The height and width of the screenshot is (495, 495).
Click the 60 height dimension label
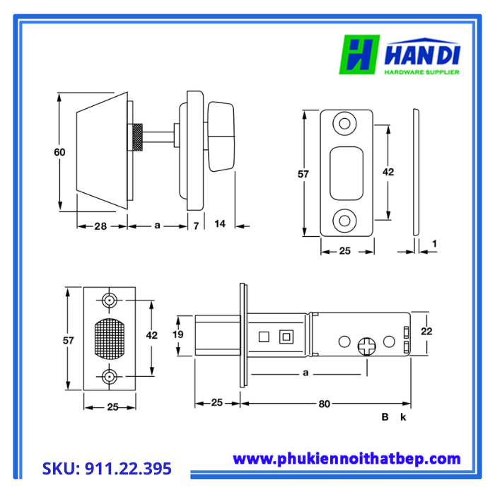(x=59, y=152)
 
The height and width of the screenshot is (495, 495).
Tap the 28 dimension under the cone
(x=100, y=226)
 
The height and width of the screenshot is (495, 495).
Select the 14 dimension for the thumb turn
(x=220, y=224)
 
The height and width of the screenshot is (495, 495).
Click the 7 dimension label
(x=196, y=226)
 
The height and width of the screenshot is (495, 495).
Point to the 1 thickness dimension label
(x=434, y=243)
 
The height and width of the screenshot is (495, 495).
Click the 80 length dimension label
(x=324, y=404)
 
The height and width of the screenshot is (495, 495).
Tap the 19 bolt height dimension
(x=178, y=334)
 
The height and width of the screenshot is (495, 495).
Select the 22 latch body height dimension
(x=426, y=331)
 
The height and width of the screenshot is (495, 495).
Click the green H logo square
(x=359, y=54)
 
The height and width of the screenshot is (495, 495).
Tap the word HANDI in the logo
(x=422, y=54)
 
